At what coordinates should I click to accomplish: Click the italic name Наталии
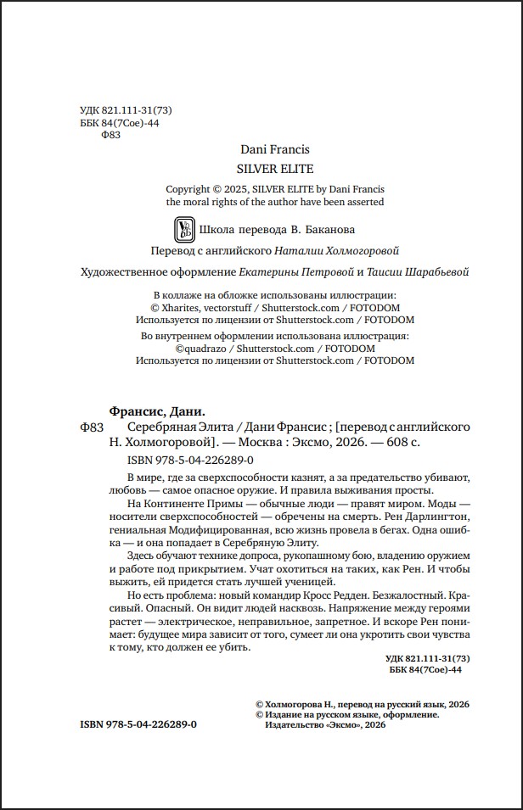pyautogui.click(x=303, y=251)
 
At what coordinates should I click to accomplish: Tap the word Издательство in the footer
pyautogui.click(x=288, y=727)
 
